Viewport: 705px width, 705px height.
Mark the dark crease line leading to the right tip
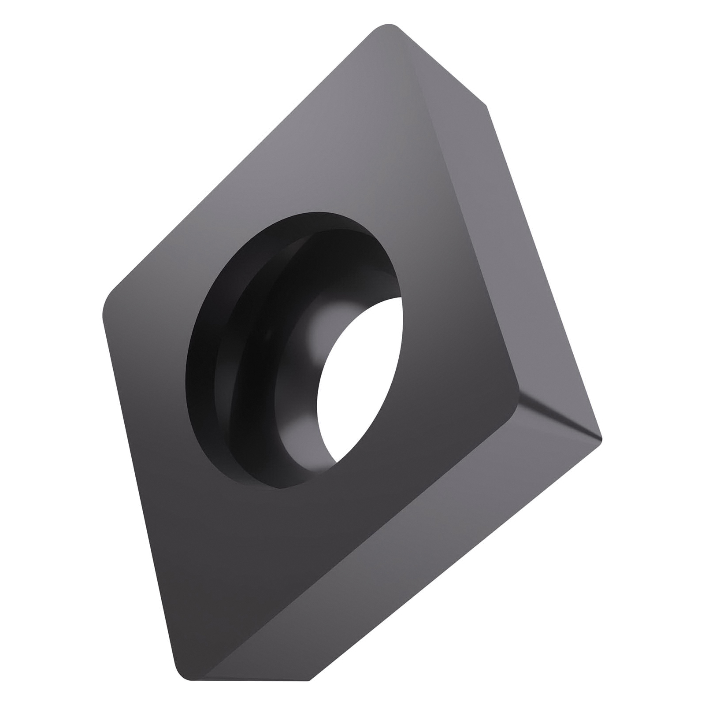(560, 419)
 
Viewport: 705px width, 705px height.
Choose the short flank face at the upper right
(445, 66)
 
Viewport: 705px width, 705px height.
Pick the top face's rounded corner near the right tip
(516, 392)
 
